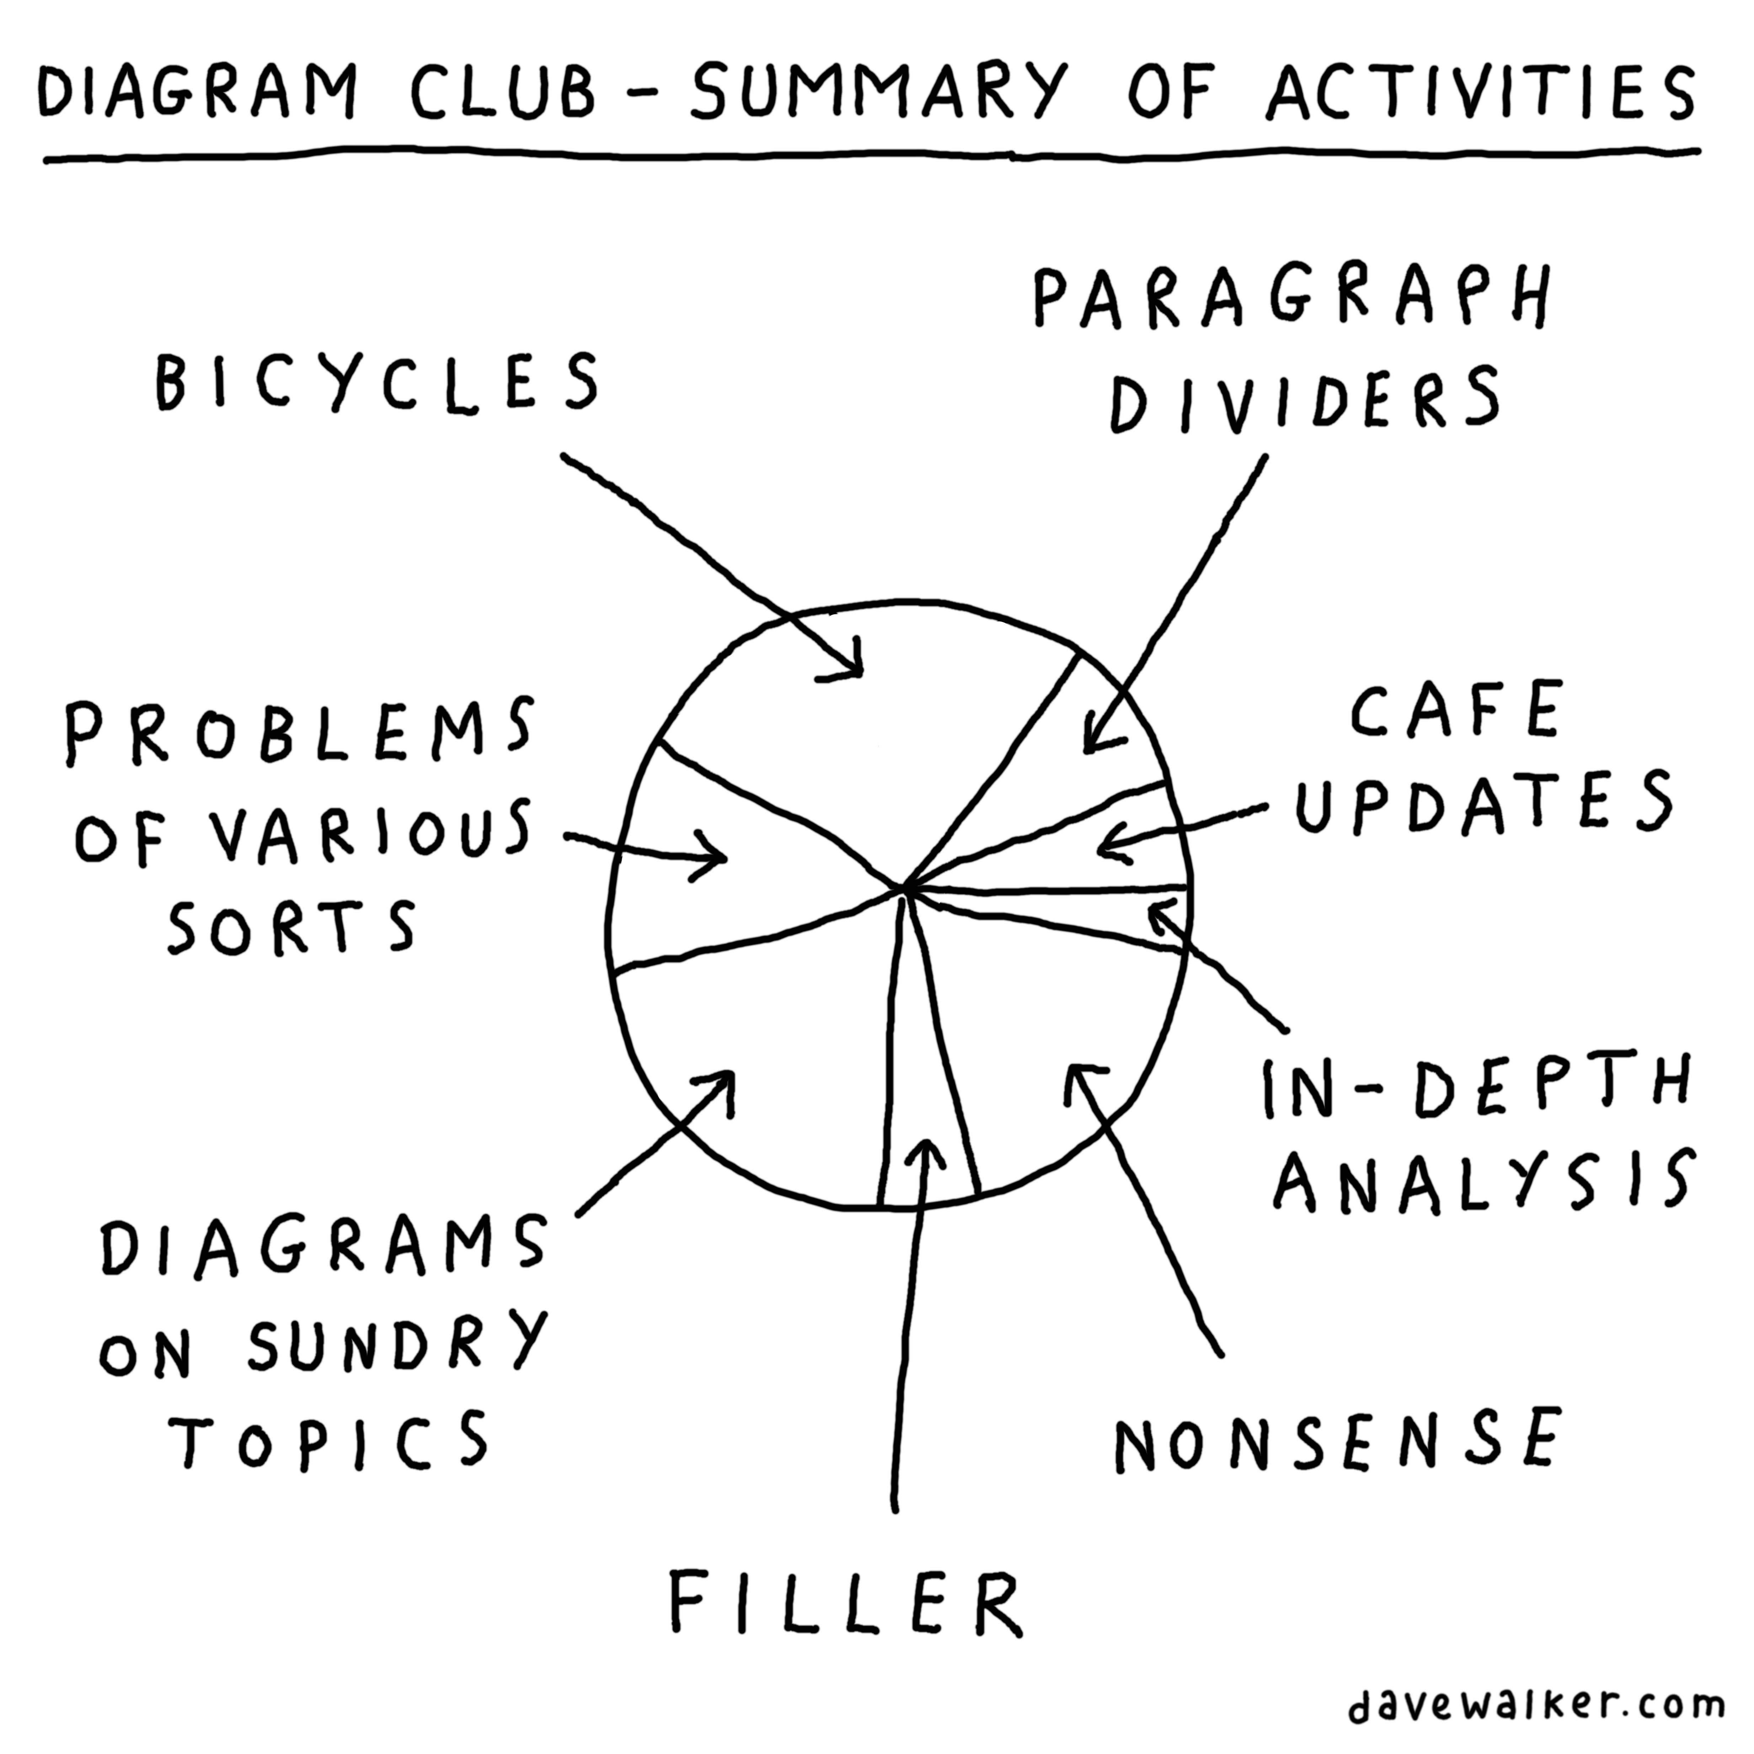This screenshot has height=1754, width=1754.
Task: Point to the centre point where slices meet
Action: (903, 888)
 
